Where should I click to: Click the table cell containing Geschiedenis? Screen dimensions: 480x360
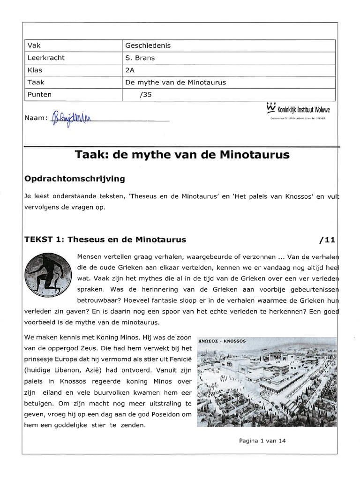148,46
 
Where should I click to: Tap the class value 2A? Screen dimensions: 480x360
130,70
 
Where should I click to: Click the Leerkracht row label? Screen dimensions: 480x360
46,58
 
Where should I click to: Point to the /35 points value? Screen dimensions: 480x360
146,95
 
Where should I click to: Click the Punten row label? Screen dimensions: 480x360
40,95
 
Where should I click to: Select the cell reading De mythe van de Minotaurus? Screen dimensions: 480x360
175,82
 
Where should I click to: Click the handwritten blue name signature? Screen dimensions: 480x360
72,116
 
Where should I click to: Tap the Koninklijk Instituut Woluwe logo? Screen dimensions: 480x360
298,110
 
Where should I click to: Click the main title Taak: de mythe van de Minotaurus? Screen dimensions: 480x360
182,155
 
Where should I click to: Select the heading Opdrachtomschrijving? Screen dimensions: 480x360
74,179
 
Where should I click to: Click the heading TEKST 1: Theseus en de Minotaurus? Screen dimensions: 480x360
105,240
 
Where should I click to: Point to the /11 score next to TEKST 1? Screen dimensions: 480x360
327,240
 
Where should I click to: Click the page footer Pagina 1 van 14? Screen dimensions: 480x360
262,441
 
